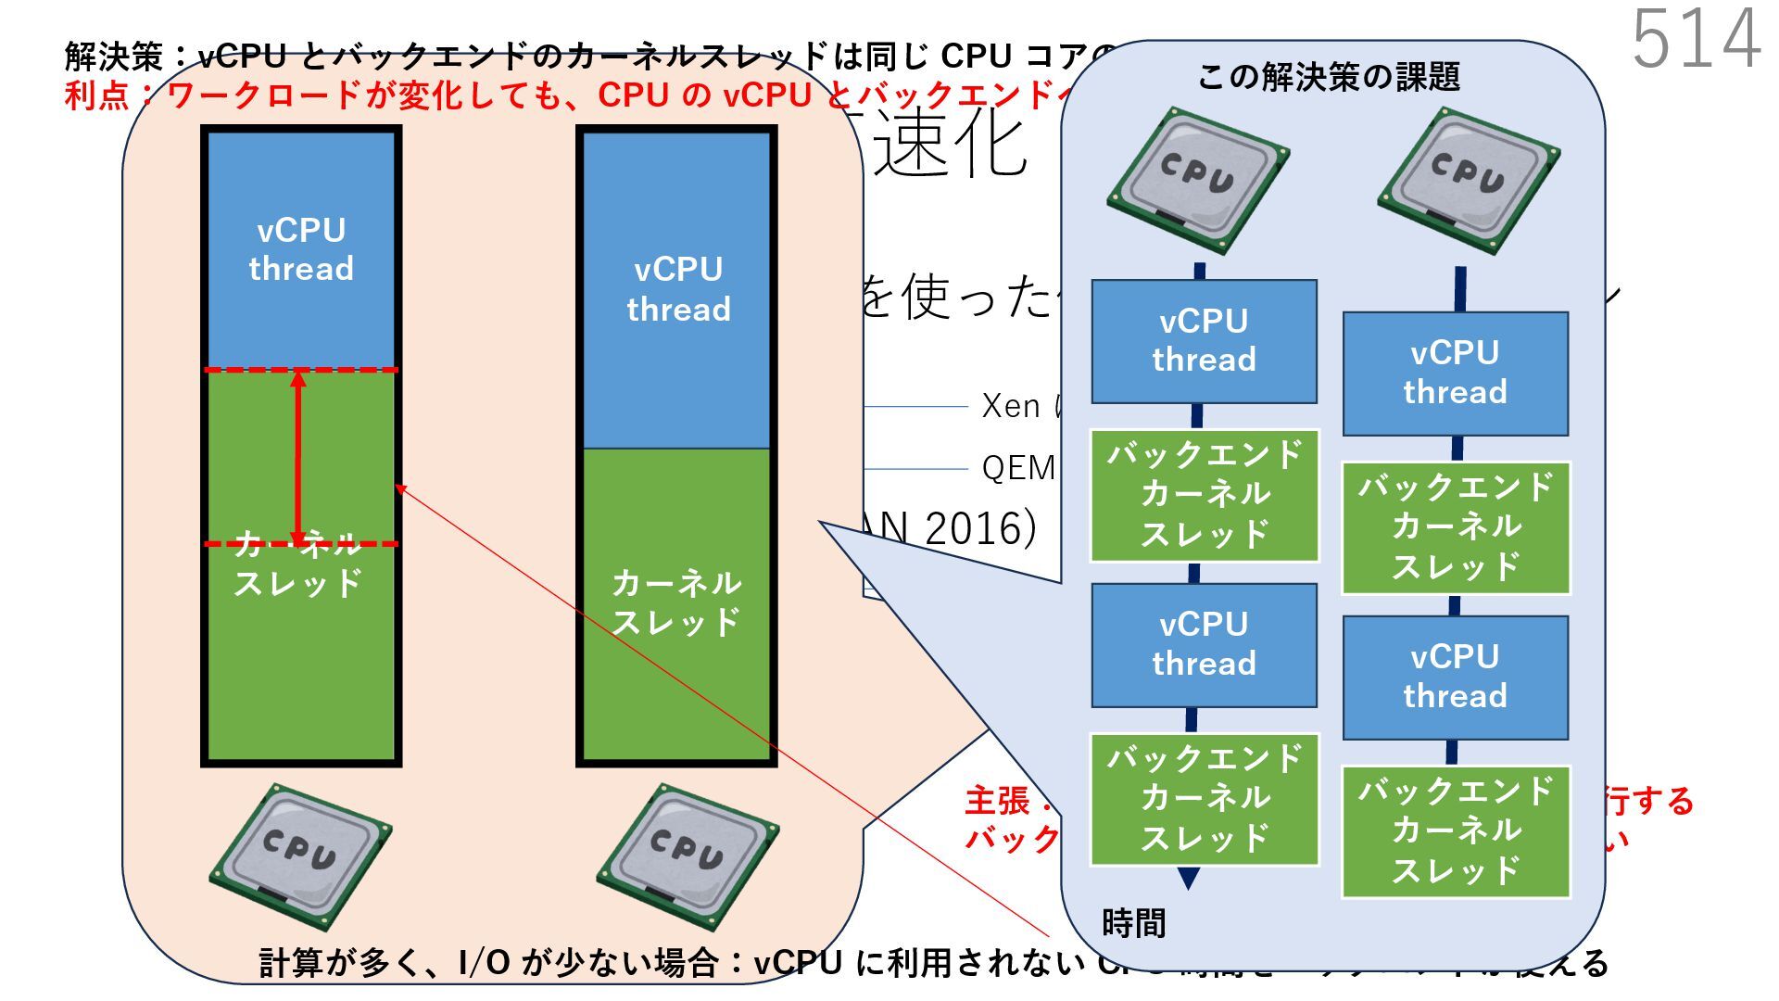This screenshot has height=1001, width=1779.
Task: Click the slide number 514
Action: pos(1696,39)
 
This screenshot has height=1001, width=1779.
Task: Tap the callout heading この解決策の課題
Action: pos(1329,77)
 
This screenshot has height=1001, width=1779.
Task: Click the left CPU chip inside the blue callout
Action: pos(1197,181)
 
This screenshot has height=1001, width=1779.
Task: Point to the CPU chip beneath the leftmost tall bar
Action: pos(300,855)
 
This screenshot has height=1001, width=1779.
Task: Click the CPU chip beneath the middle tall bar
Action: pos(687,855)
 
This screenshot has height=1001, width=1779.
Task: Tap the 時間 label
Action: pos(1133,923)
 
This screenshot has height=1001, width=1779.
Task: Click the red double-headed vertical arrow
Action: pos(298,457)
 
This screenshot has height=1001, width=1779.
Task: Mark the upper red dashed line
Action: pos(301,370)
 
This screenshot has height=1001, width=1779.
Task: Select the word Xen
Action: pos(1011,406)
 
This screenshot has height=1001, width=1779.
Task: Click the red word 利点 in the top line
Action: pos(96,95)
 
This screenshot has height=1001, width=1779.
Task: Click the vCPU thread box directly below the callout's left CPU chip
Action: pos(1204,341)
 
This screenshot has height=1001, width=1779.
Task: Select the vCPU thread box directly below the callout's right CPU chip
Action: pos(1455,374)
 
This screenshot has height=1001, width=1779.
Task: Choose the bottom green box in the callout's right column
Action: pos(1455,831)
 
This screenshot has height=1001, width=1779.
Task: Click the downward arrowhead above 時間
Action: pos(1188,878)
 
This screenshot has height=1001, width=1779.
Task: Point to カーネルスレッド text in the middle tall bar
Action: pos(676,602)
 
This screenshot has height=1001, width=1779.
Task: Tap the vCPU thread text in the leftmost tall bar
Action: pos(301,249)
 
